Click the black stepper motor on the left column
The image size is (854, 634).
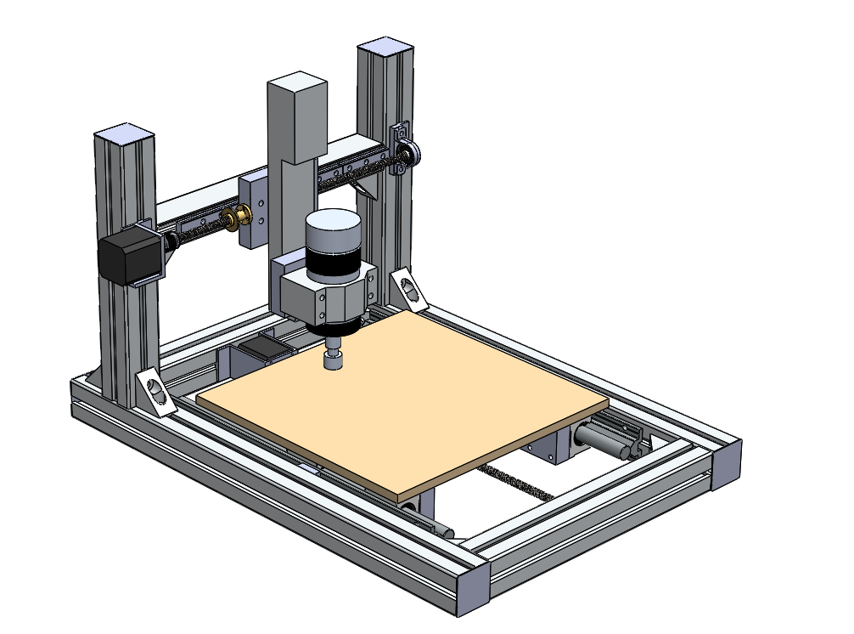coord(127,259)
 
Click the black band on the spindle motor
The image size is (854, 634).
coord(332,264)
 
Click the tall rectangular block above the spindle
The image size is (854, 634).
coord(297,119)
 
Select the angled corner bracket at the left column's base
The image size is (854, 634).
coord(155,391)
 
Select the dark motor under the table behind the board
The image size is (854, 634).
coord(263,350)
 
